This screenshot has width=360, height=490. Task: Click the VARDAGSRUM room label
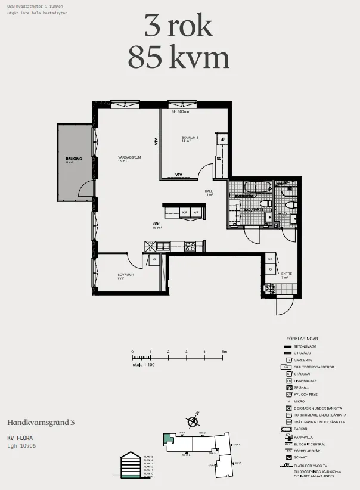[129, 157]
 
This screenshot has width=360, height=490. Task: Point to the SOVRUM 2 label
[190, 138]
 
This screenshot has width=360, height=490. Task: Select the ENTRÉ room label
[287, 274]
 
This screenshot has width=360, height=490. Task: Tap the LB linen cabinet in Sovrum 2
[222, 139]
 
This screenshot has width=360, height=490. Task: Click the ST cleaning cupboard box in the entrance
[270, 259]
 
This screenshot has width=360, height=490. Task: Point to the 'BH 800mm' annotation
[180, 111]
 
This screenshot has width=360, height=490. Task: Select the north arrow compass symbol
[193, 421]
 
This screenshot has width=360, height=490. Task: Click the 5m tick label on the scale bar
[224, 352]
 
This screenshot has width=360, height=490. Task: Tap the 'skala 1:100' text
[144, 364]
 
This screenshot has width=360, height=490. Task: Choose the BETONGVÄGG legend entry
[306, 346]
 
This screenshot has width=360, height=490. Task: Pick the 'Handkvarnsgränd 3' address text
[41, 422]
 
